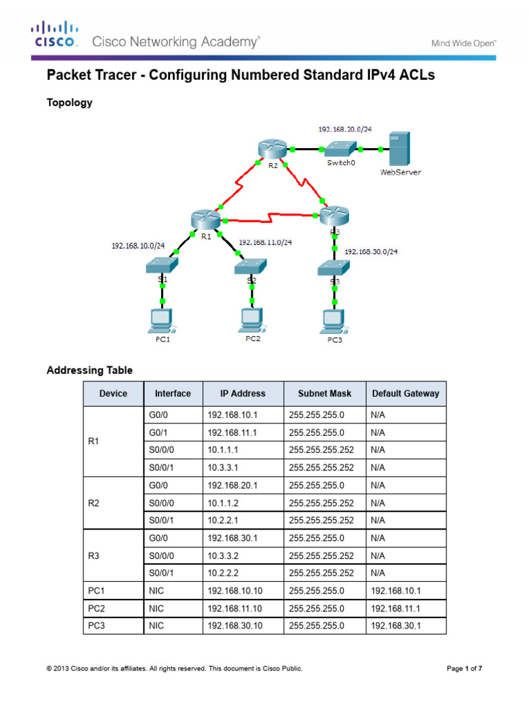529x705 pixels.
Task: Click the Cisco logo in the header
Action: click(x=53, y=34)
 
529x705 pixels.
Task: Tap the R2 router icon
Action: click(x=269, y=149)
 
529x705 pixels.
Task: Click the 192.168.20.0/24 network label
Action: click(x=345, y=129)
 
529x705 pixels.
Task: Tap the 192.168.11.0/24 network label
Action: click(x=265, y=242)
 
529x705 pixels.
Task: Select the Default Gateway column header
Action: click(x=405, y=394)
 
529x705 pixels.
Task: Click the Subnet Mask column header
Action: click(x=324, y=394)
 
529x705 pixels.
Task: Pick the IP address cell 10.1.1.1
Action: click(x=224, y=450)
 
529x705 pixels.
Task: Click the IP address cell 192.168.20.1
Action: click(x=232, y=485)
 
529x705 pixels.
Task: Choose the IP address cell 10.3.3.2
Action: click(x=224, y=556)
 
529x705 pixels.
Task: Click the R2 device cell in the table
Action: click(x=94, y=503)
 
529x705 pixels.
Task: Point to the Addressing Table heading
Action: click(x=90, y=370)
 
